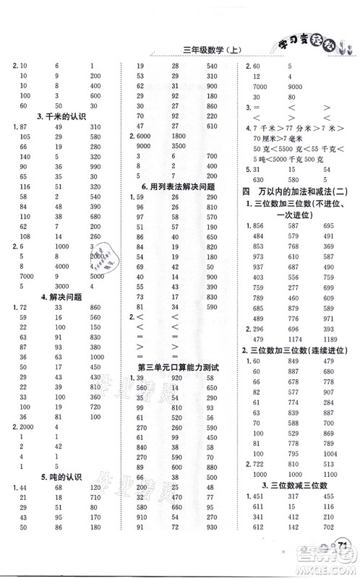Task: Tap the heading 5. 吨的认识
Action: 53,476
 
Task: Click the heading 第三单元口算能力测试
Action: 178,367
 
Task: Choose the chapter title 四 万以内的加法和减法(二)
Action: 298,190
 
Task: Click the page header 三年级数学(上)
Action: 197,50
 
